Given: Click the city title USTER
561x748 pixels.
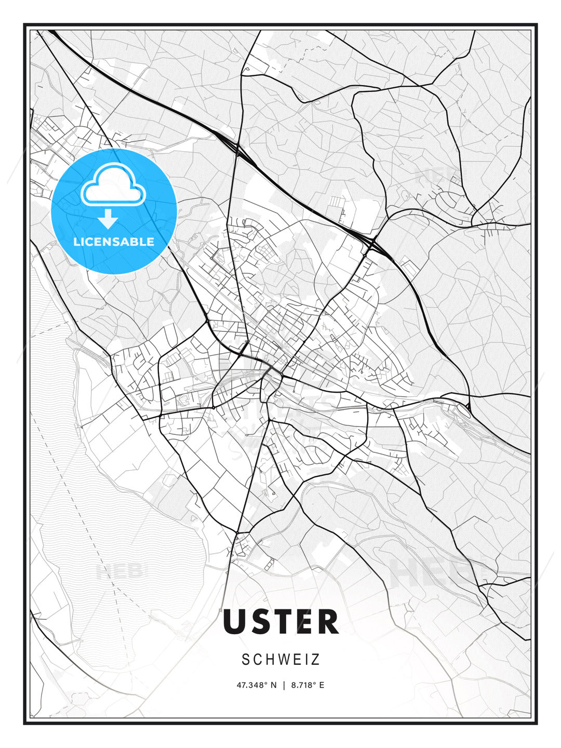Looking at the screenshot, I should pos(280,621).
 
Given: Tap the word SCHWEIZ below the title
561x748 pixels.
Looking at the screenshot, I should pos(280,660).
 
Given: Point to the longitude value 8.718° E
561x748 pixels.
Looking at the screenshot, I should pos(308,685).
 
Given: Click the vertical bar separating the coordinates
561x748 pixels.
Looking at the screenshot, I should pos(284,685).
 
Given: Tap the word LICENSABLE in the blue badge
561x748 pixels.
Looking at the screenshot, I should pos(114,242).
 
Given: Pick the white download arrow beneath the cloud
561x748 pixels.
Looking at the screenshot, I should pos(108,219).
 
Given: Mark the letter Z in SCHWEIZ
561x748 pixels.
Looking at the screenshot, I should pos(316,660).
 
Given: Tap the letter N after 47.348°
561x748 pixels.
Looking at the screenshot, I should pos(274,685).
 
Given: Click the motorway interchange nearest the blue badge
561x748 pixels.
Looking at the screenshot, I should pos(238,151).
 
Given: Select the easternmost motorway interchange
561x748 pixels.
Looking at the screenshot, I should pos(373,243).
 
